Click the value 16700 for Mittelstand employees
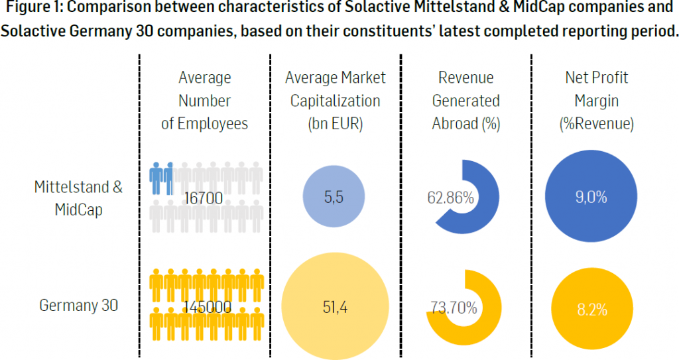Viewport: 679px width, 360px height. (x=205, y=197)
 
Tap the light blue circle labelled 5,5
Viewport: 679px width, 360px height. (x=334, y=197)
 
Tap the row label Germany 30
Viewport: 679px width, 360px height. (x=78, y=306)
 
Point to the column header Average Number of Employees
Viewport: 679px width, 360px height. (x=205, y=101)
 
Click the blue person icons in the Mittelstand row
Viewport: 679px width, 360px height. (x=160, y=176)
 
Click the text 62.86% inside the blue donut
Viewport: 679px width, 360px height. (x=450, y=198)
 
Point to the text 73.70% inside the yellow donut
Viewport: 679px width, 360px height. (x=454, y=307)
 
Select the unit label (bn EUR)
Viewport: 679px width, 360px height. (x=335, y=124)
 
